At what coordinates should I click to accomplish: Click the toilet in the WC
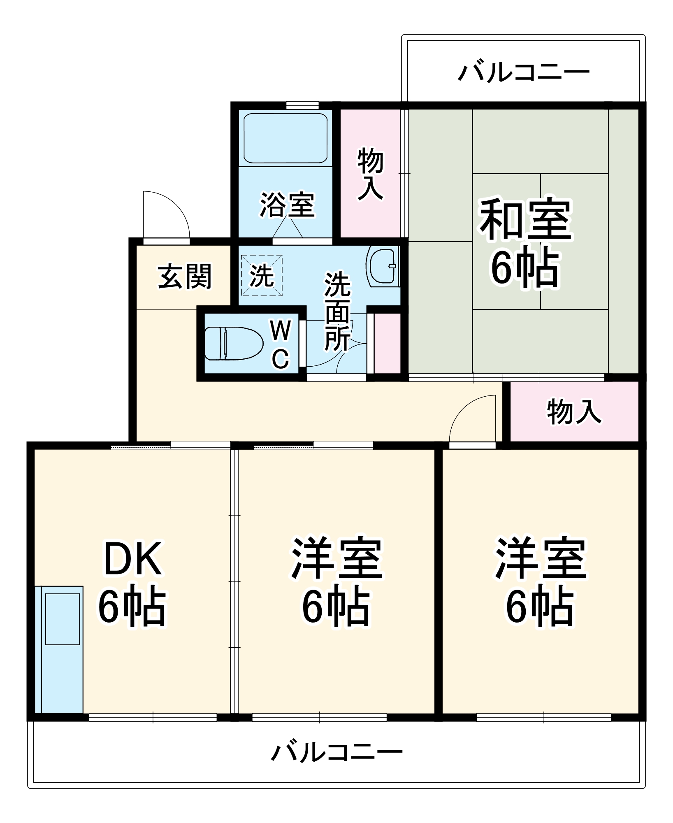pyautogui.click(x=234, y=343)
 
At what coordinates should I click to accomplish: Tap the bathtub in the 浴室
pyautogui.click(x=285, y=138)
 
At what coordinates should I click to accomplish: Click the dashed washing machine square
pyautogui.click(x=262, y=275)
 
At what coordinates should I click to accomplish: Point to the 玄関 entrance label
pyautogui.click(x=184, y=276)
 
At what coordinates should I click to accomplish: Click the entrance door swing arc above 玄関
pyautogui.click(x=167, y=214)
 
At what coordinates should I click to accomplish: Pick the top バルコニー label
pyautogui.click(x=524, y=72)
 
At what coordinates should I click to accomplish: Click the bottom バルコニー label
pyautogui.click(x=336, y=753)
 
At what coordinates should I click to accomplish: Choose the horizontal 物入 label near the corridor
pyautogui.click(x=574, y=411)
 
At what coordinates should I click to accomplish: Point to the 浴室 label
pyautogui.click(x=287, y=205)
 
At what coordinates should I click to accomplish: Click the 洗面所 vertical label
pyautogui.click(x=337, y=311)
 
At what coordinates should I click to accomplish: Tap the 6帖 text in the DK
pyautogui.click(x=132, y=607)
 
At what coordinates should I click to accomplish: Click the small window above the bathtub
pyautogui.click(x=302, y=105)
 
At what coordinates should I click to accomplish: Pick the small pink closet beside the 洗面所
pyautogui.click(x=387, y=343)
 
